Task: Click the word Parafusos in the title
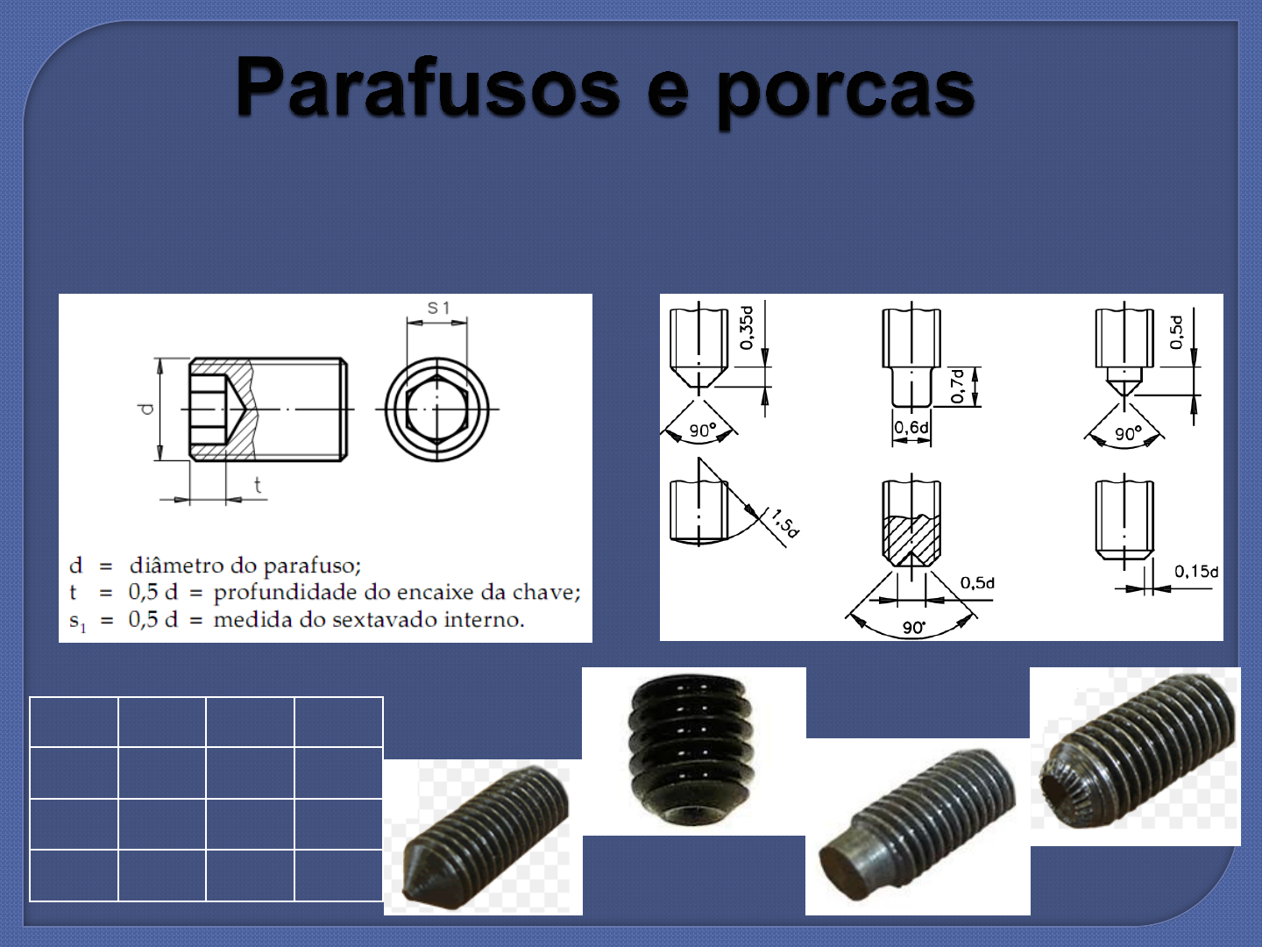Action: (428, 88)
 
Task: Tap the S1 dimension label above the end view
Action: (438, 308)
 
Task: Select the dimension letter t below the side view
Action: (257, 485)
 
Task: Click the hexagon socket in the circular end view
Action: (436, 409)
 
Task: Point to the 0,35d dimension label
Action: (746, 327)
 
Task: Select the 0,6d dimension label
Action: (911, 427)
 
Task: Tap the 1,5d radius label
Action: (785, 523)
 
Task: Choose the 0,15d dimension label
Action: (1195, 572)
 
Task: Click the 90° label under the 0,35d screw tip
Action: (702, 431)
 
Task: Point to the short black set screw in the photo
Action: (692, 750)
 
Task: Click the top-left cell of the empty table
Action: (74, 722)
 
